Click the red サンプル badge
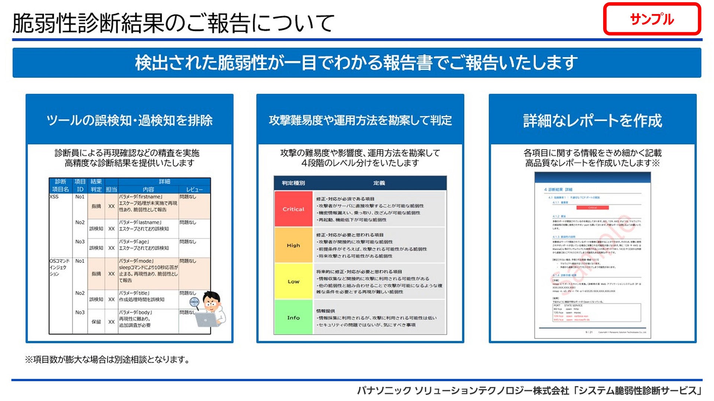pos(652,19)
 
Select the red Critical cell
pos(293,209)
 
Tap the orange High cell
pos(293,245)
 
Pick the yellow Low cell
pos(293,281)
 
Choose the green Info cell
pos(293,317)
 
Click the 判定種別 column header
pos(293,183)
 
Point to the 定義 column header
pos(379,183)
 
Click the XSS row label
pos(54,197)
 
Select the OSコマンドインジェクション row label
pos(59,267)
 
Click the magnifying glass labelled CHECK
pos(194,302)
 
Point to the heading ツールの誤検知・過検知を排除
pos(129,120)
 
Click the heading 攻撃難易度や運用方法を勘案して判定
pos(360,120)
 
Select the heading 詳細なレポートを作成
pos(592,120)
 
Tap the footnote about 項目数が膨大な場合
pos(107,359)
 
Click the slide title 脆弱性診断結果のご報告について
pos(173,23)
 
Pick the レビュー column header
pos(194,189)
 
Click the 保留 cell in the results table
pos(96,322)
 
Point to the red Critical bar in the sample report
pos(592,208)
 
